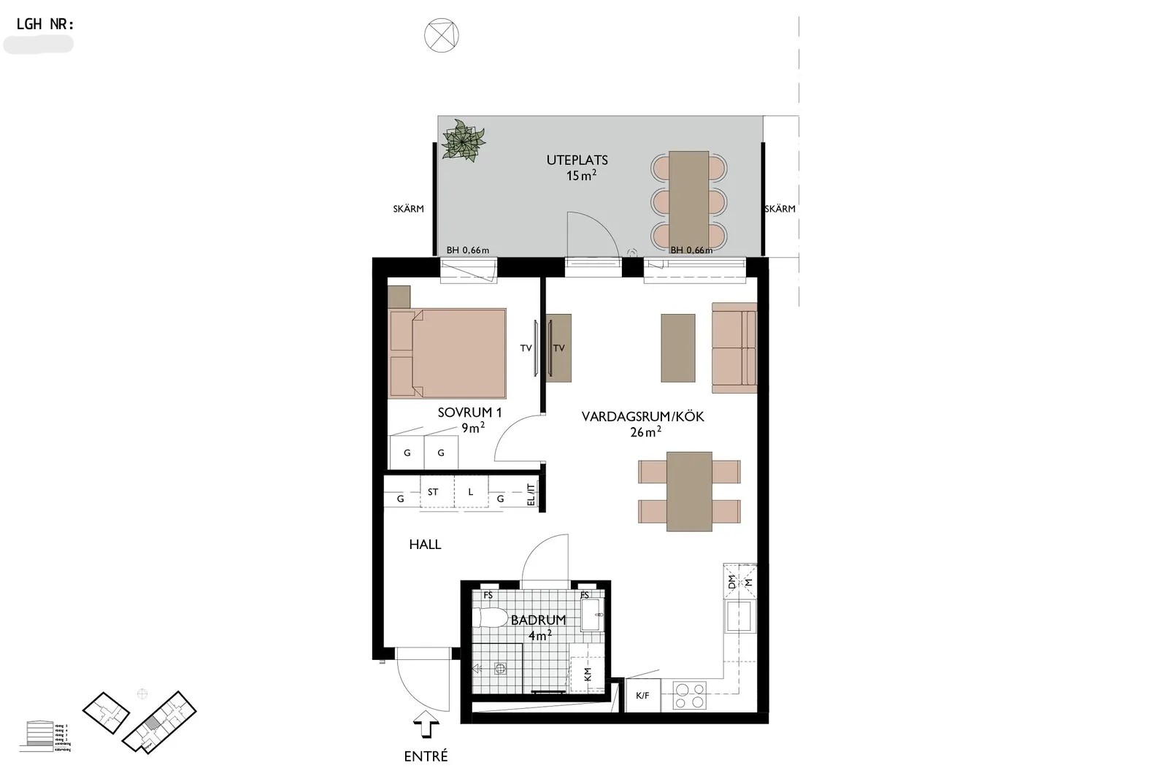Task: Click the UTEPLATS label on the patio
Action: [577, 160]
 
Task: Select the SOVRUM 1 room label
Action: [469, 412]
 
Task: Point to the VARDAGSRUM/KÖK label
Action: [642, 417]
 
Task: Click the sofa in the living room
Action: [734, 348]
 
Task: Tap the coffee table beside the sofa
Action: [678, 348]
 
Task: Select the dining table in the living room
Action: [689, 491]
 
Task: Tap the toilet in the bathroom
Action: [488, 618]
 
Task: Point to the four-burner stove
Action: [689, 695]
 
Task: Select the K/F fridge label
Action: [642, 696]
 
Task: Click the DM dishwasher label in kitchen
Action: [732, 581]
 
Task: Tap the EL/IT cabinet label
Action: [531, 494]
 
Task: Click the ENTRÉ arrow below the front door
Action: [426, 728]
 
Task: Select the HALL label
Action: [425, 544]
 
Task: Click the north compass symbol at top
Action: [442, 34]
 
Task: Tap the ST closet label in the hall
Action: [433, 492]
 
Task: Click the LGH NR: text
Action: [45, 24]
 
